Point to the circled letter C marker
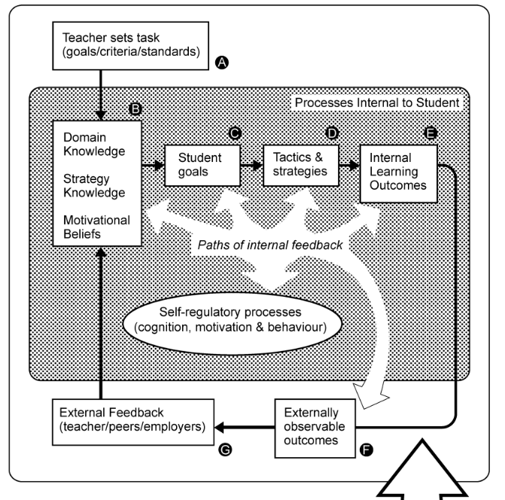coord(234,133)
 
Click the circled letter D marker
coord(332,133)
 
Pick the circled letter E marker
coord(430,133)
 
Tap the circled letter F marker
coord(368,450)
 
